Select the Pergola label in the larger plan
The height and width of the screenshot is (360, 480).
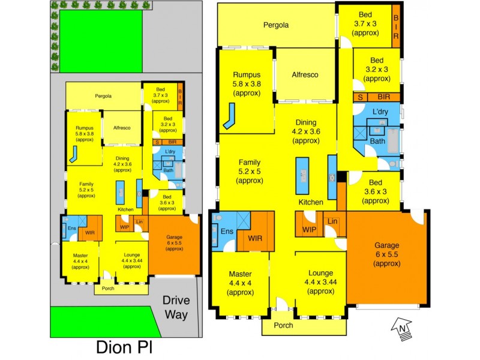276,25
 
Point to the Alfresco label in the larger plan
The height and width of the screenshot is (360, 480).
305,75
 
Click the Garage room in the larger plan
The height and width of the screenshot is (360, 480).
388,257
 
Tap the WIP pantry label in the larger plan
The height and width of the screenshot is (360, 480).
310,229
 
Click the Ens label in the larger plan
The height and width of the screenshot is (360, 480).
227,232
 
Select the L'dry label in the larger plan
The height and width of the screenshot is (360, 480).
380,112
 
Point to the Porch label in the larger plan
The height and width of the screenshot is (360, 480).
283,325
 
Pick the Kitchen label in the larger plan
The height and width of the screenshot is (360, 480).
311,202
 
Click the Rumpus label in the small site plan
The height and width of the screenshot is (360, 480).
83,132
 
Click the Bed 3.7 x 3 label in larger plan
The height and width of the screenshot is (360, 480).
365,24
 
